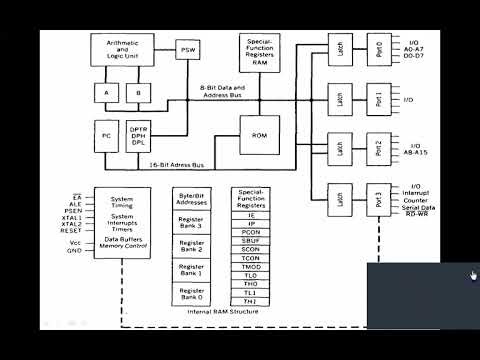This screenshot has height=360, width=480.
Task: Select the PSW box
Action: click(x=189, y=50)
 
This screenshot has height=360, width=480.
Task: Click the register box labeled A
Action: click(x=106, y=93)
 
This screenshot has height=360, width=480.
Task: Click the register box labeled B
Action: click(x=139, y=93)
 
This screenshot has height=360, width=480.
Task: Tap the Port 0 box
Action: click(x=379, y=48)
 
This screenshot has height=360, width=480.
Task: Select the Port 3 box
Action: click(x=379, y=199)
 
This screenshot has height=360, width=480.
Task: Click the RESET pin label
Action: click(x=70, y=229)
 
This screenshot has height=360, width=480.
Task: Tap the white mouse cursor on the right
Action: click(x=473, y=277)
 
